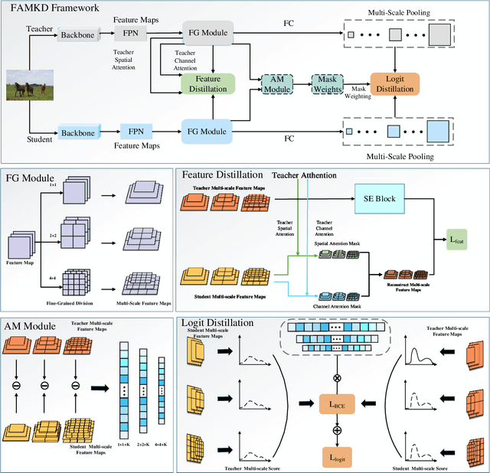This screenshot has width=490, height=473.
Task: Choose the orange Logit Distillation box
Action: point(396,83)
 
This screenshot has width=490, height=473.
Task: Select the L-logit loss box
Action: point(337,456)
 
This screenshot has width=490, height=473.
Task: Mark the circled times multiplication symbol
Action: point(338,378)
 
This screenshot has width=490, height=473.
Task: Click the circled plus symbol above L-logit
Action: point(338,430)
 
